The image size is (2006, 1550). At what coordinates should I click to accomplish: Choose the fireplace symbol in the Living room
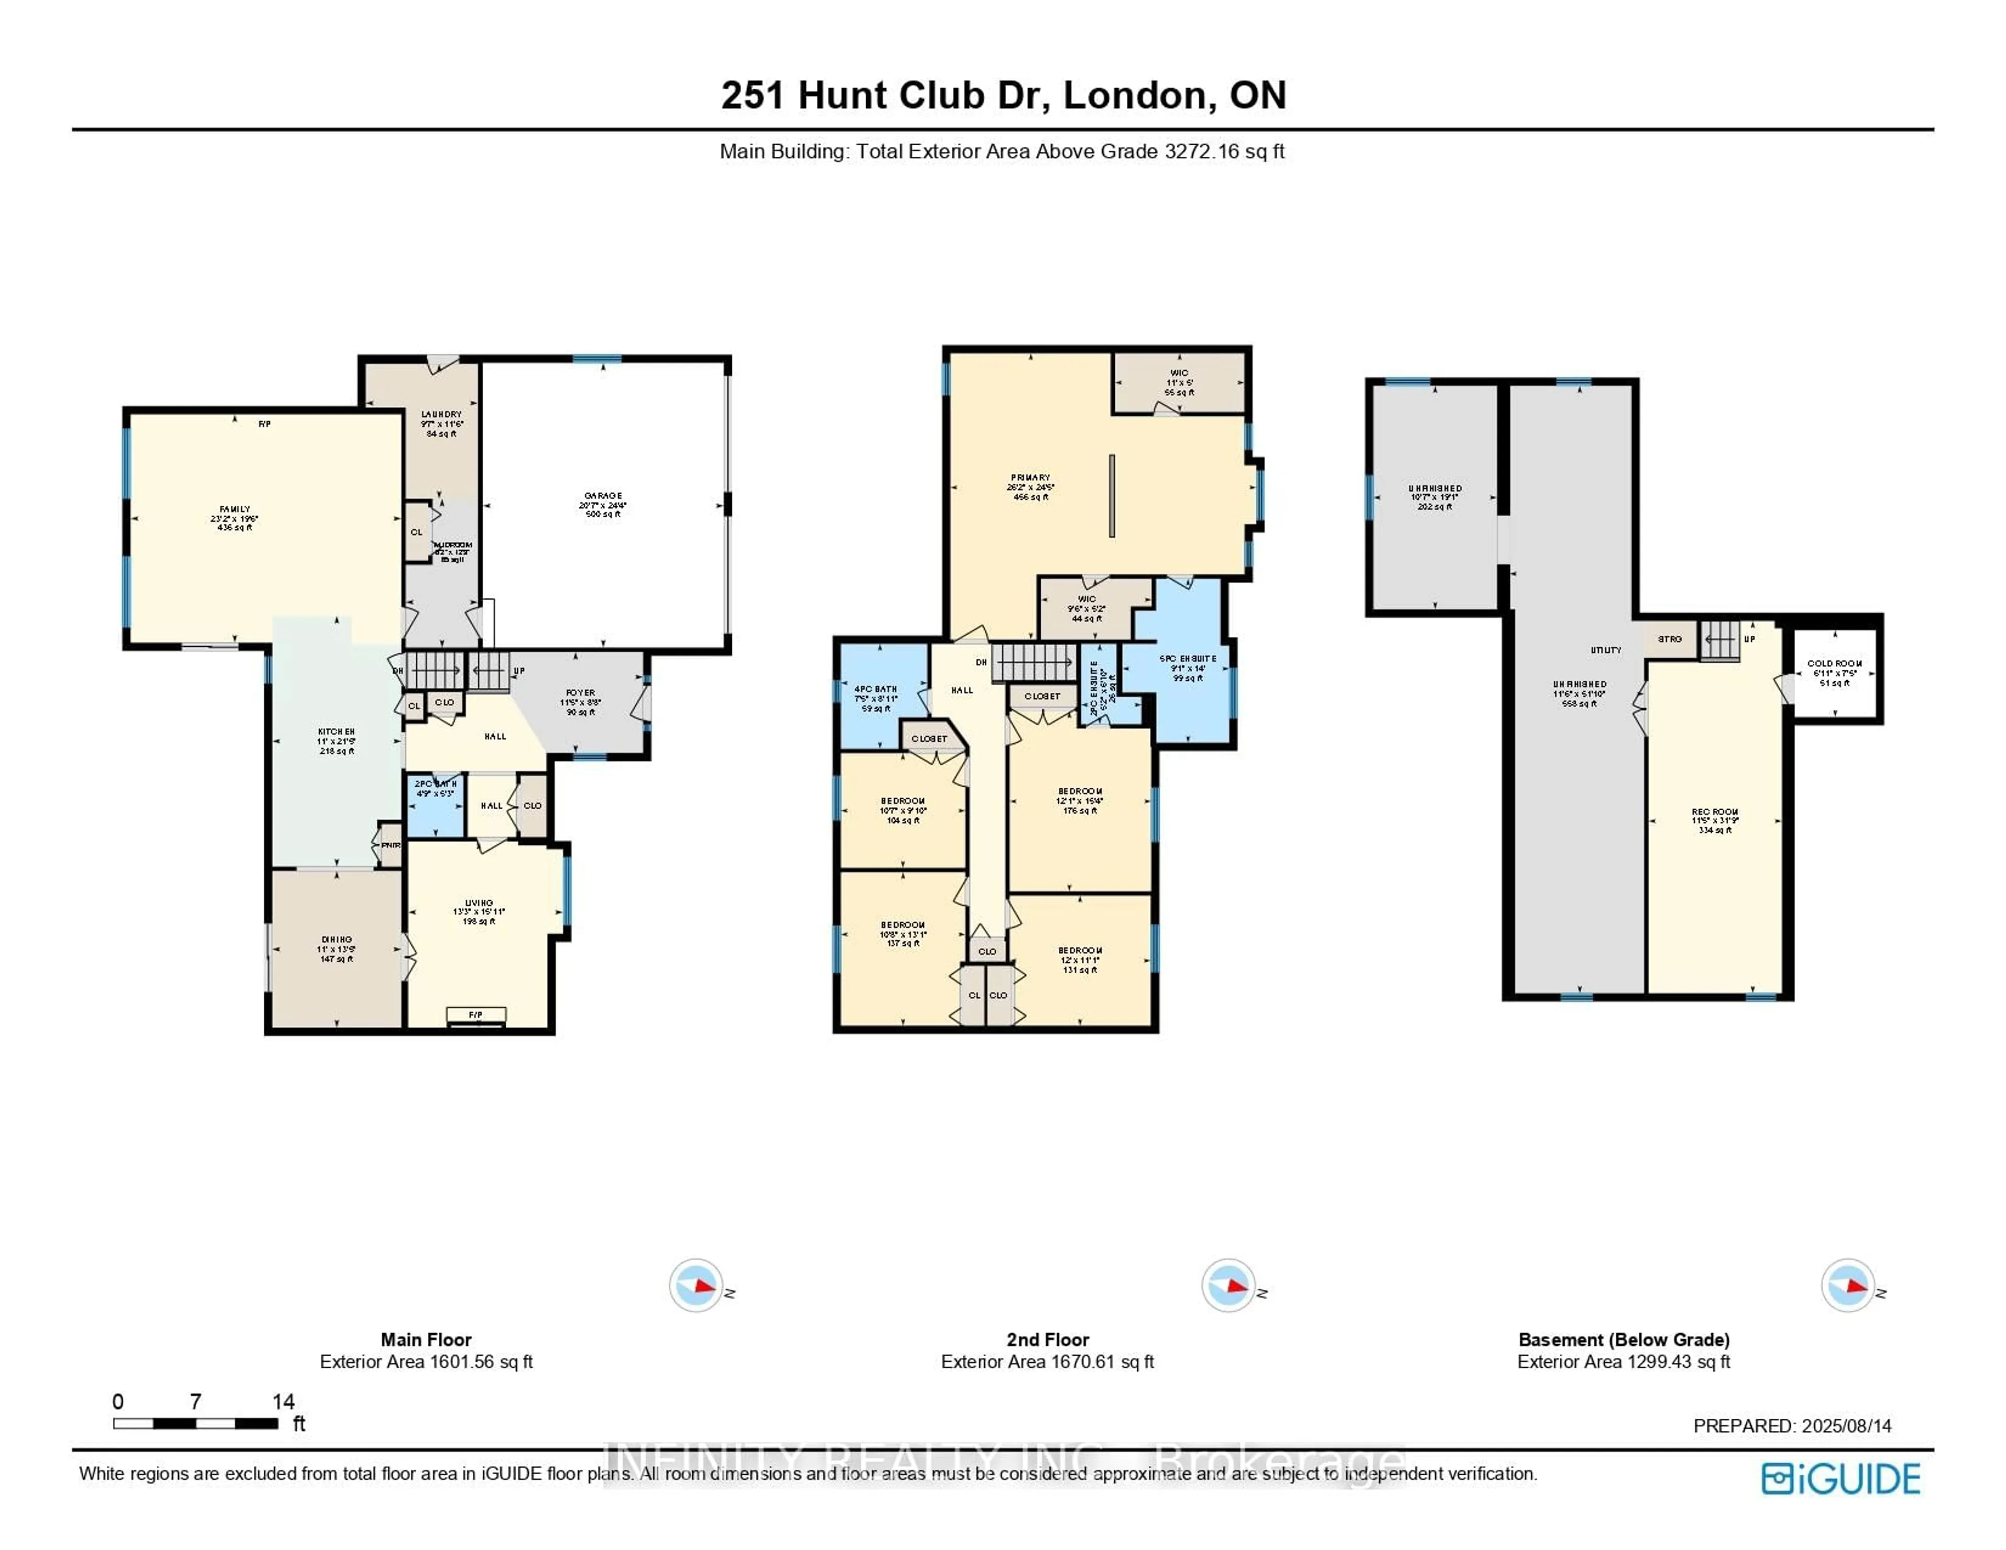coord(476,1015)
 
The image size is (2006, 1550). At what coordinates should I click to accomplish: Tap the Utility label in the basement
coord(1605,649)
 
